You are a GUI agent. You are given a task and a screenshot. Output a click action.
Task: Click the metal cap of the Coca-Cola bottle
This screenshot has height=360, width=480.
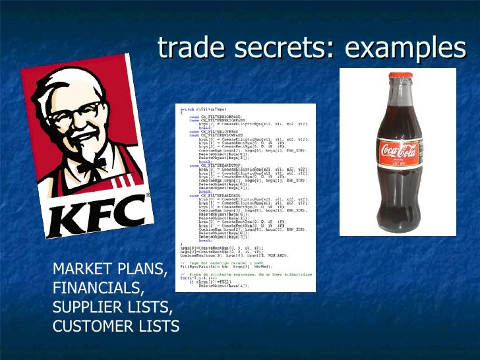(x=398, y=78)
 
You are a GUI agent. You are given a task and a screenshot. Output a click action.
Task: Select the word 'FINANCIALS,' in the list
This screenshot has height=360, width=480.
(x=98, y=288)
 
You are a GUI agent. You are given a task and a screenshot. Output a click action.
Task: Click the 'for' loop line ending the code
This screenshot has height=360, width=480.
(x=191, y=278)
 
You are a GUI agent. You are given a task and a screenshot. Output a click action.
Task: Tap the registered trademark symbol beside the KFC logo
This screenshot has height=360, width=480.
(x=147, y=195)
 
